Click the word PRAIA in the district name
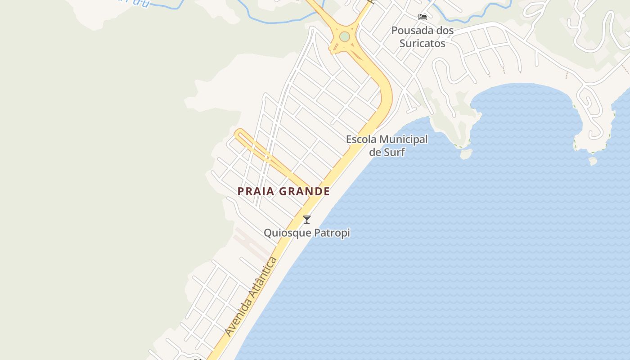256,191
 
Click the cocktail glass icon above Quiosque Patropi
307,220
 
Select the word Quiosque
286,233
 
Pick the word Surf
394,152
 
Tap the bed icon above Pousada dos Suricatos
423,17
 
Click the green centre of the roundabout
345,36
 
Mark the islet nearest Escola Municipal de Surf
466,154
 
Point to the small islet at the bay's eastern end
593,161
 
